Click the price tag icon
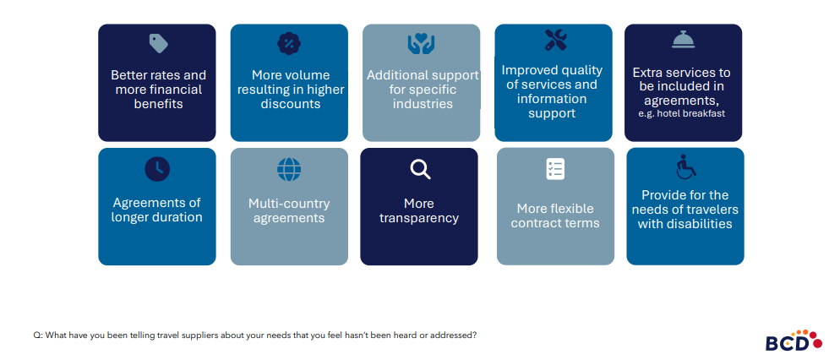[x=158, y=43]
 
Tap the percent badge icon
[x=289, y=43]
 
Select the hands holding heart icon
[x=421, y=43]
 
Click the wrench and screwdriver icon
[x=555, y=40]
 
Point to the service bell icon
[x=683, y=40]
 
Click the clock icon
[x=157, y=169]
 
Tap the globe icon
[x=289, y=169]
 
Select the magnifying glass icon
[x=420, y=169]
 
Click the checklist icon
[x=555, y=169]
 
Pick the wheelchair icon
[x=685, y=167]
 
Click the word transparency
[x=419, y=218]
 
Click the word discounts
[x=290, y=104]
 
